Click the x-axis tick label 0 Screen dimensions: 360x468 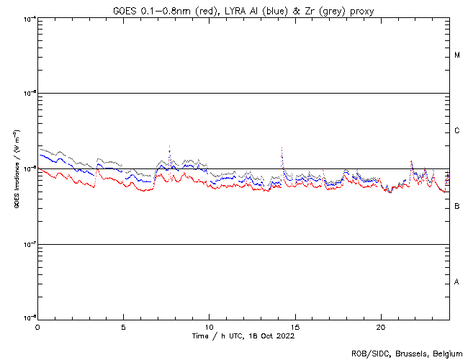[x=37, y=326]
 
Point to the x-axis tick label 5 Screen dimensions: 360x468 [x=123, y=326]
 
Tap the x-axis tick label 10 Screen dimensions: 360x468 [x=209, y=326]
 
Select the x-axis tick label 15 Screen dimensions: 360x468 [x=294, y=326]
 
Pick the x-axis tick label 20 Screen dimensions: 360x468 [x=380, y=326]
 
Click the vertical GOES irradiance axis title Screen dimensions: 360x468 [x=15, y=169]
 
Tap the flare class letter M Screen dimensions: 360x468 [x=457, y=55]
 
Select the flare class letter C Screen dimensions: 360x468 [x=457, y=131]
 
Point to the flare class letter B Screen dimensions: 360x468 [x=457, y=207]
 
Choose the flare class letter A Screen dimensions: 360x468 [x=457, y=282]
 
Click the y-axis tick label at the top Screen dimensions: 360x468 [x=27, y=19]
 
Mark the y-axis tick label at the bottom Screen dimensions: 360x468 [x=27, y=318]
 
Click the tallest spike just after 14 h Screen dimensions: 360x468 [x=282, y=148]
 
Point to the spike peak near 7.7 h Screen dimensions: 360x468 [x=169, y=145]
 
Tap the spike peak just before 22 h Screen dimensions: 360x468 [x=411, y=161]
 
